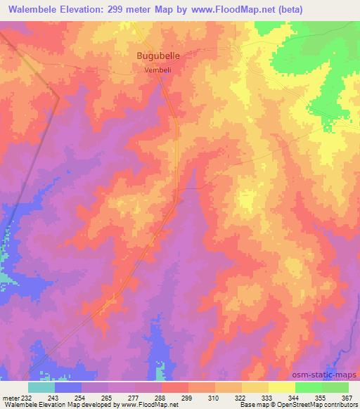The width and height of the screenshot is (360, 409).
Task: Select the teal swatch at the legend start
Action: [41, 387]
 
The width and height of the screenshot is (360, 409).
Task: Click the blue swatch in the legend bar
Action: [68, 387]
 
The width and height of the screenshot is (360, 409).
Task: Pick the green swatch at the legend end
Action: [335, 387]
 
